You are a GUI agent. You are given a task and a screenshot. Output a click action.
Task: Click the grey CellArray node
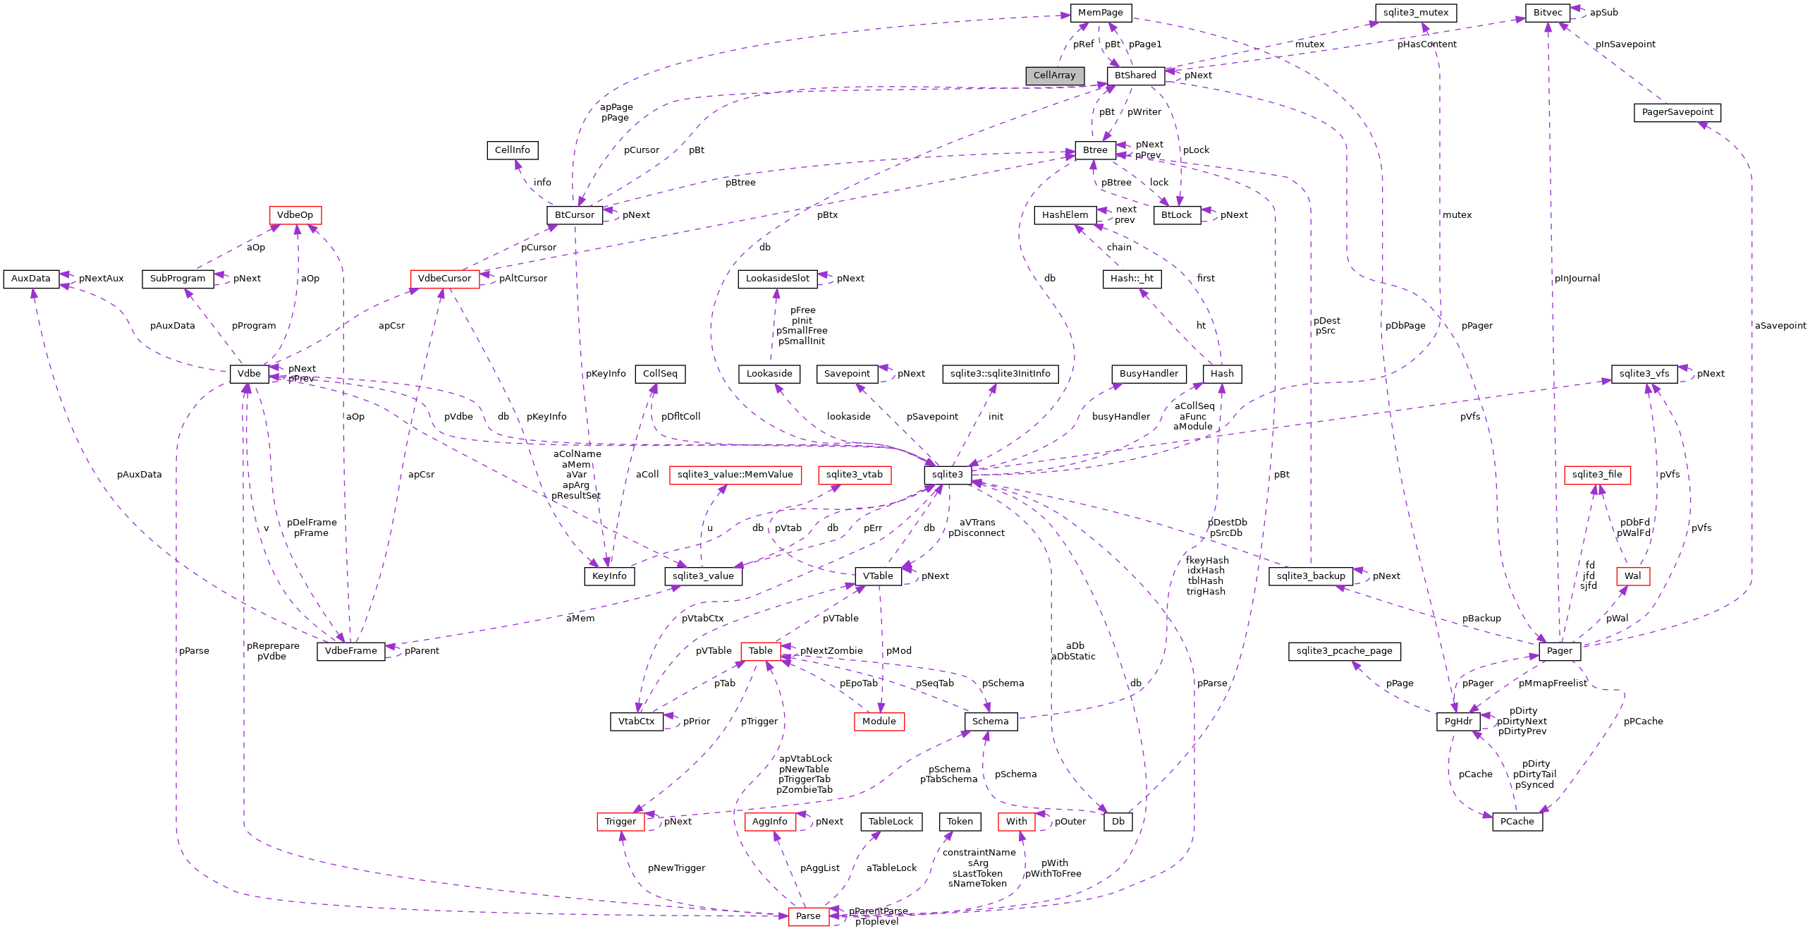(1054, 75)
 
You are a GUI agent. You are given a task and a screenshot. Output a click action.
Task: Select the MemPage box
(1100, 13)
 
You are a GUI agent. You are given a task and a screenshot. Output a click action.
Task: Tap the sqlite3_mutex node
(1415, 13)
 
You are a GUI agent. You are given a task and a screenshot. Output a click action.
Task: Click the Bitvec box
(1547, 13)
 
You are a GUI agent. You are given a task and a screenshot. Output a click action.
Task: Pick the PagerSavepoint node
(1677, 112)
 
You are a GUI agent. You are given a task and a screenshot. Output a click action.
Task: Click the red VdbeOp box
(295, 215)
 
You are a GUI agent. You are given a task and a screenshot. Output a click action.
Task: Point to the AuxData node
(30, 279)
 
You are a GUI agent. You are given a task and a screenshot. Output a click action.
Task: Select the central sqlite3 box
(947, 475)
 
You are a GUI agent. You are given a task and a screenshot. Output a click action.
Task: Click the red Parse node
(808, 916)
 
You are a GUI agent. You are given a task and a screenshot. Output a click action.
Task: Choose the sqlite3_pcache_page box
(1344, 651)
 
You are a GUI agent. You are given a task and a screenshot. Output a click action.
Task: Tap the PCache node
(1517, 822)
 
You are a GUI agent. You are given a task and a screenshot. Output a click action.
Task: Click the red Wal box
(1632, 576)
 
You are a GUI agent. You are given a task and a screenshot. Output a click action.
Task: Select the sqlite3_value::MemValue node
(735, 475)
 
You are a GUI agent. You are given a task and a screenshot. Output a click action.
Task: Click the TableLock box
(891, 822)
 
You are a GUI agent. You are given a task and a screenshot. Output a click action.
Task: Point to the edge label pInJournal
(1577, 279)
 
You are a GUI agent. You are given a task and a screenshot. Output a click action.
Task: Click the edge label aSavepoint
(1780, 326)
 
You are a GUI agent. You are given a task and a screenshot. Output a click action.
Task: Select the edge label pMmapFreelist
(1553, 683)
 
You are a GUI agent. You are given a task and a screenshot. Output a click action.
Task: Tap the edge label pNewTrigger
(675, 868)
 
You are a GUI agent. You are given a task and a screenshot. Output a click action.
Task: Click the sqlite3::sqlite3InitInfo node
(1000, 374)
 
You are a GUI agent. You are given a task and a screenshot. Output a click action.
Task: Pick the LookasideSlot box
(777, 279)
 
